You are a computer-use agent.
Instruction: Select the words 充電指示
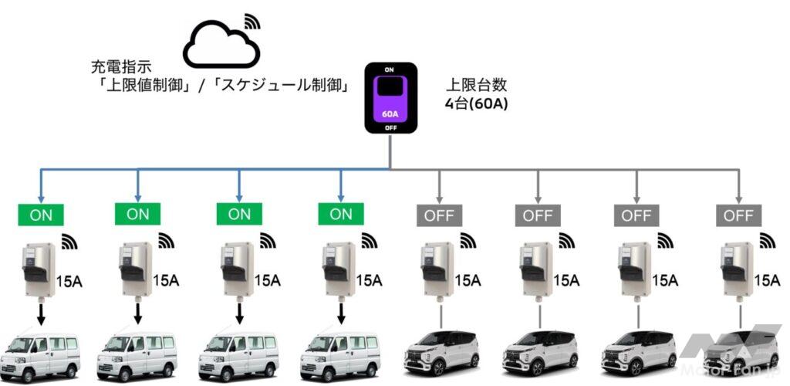[x=114, y=68]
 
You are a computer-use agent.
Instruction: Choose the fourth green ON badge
[x=341, y=214]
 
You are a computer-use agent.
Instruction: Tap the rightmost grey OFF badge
[x=737, y=215]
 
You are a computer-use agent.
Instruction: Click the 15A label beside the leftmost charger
[x=69, y=279]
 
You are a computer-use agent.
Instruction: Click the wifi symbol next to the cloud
[x=252, y=21]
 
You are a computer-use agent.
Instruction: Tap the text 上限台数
[x=477, y=85]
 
